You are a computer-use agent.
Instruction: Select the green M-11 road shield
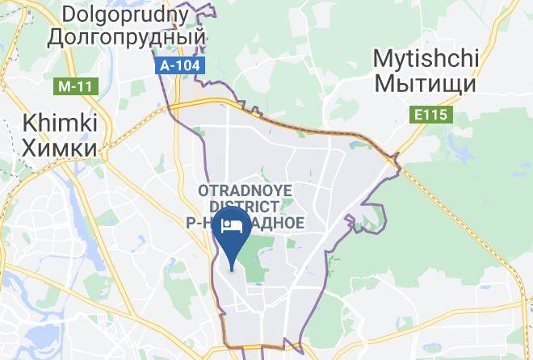(x=73, y=85)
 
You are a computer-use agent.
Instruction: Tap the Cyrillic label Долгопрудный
(x=127, y=37)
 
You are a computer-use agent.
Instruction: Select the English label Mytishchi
(x=426, y=58)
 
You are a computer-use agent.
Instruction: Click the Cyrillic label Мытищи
(x=426, y=82)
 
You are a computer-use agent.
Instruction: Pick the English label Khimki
(x=61, y=123)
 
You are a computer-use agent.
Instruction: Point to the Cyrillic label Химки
(x=61, y=147)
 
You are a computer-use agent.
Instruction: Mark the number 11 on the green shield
(x=79, y=85)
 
